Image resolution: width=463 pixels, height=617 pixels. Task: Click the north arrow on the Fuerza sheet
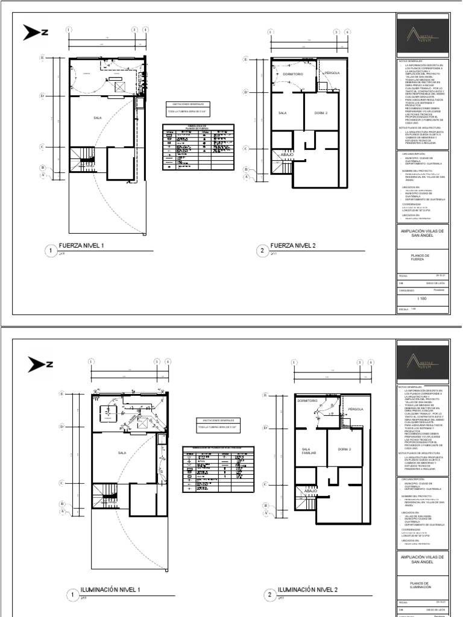pyautogui.click(x=35, y=32)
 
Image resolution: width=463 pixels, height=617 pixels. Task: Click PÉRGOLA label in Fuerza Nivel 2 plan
pyautogui.click(x=332, y=72)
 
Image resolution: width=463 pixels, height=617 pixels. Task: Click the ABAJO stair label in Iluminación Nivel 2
pyautogui.click(x=310, y=491)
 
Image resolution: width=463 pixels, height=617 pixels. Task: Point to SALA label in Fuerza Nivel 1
pyautogui.click(x=98, y=119)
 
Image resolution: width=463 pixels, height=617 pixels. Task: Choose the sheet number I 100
pyautogui.click(x=421, y=298)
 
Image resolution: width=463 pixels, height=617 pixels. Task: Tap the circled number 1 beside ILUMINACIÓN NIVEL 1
pyautogui.click(x=73, y=595)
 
